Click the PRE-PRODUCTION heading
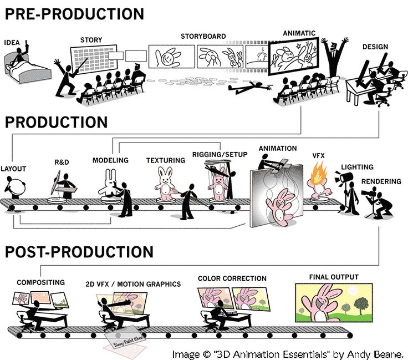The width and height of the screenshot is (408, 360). click(74, 13)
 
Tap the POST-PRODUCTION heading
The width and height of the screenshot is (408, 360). click(79, 252)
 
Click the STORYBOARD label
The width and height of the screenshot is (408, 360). click(203, 37)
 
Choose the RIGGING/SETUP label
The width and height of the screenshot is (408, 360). click(220, 154)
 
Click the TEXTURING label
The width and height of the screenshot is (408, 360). click(165, 161)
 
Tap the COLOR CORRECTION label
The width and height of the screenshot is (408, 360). click(232, 278)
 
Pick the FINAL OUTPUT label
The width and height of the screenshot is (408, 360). click(334, 277)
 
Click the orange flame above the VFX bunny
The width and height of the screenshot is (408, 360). click(318, 173)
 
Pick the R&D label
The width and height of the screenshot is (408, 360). click(62, 163)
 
